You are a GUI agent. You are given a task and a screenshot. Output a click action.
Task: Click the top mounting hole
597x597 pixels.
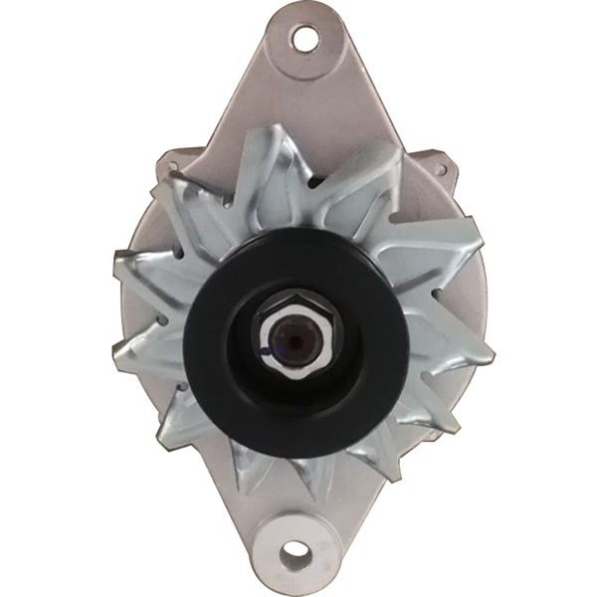pos(301,39)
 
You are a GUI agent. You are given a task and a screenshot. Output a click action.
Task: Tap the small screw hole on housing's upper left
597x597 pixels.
pos(171,168)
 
